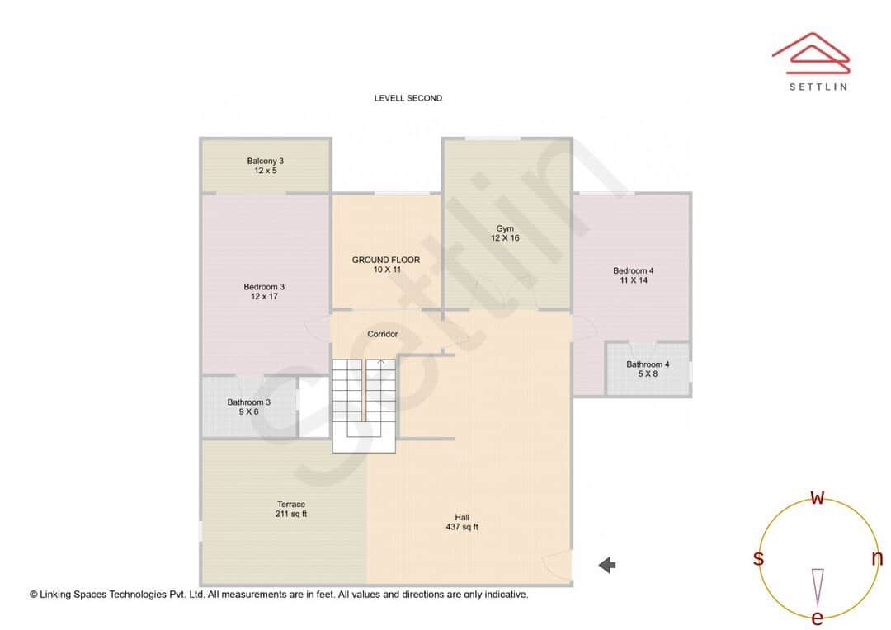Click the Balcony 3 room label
pyautogui.click(x=265, y=161)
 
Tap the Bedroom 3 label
pyautogui.click(x=264, y=287)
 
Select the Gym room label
pyautogui.click(x=505, y=228)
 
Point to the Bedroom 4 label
pyautogui.click(x=633, y=270)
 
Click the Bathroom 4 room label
pyautogui.click(x=648, y=364)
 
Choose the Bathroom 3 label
pyautogui.click(x=248, y=402)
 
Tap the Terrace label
pyautogui.click(x=291, y=504)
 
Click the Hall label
pyautogui.click(x=462, y=517)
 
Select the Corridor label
pyautogui.click(x=383, y=334)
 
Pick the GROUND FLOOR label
pyautogui.click(x=386, y=260)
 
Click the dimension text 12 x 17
pyautogui.click(x=264, y=297)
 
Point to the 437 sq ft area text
pyautogui.click(x=462, y=527)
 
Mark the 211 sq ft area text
pyautogui.click(x=291, y=514)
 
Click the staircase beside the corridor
pyautogui.click(x=364, y=404)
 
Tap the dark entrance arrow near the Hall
pyautogui.click(x=607, y=565)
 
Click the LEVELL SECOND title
pyautogui.click(x=408, y=98)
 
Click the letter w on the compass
pyautogui.click(x=818, y=497)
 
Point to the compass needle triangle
pyautogui.click(x=818, y=586)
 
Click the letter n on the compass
pyautogui.click(x=877, y=558)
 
